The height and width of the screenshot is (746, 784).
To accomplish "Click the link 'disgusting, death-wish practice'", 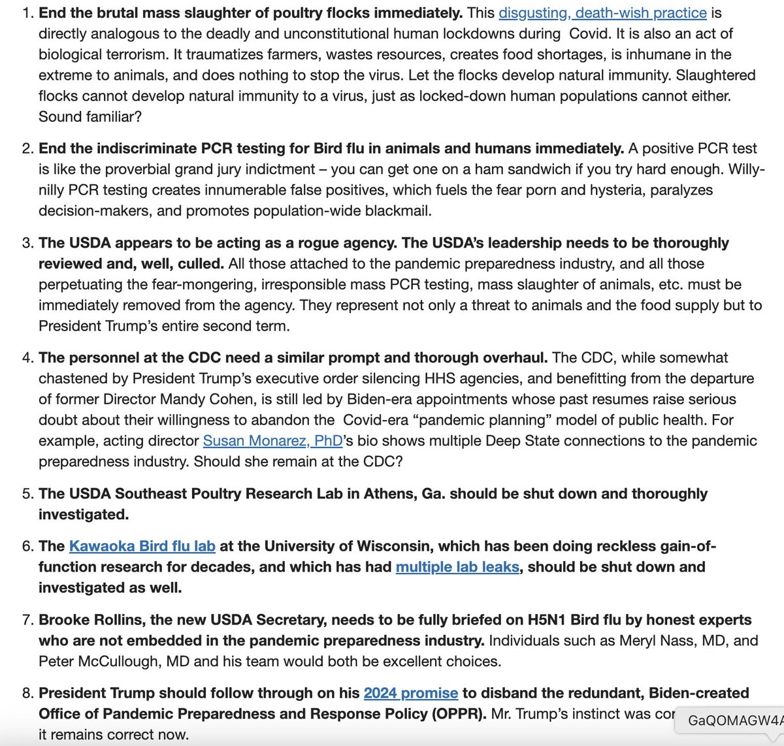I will [x=602, y=12].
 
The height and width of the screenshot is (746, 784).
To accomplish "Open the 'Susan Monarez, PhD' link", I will [x=272, y=441].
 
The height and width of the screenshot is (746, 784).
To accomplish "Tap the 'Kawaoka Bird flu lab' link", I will [x=142, y=546].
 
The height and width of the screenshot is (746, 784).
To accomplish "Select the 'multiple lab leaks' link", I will [x=457, y=567].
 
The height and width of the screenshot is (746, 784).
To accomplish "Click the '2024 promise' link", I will [x=410, y=693].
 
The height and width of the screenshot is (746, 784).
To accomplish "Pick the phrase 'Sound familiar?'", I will [x=90, y=117].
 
